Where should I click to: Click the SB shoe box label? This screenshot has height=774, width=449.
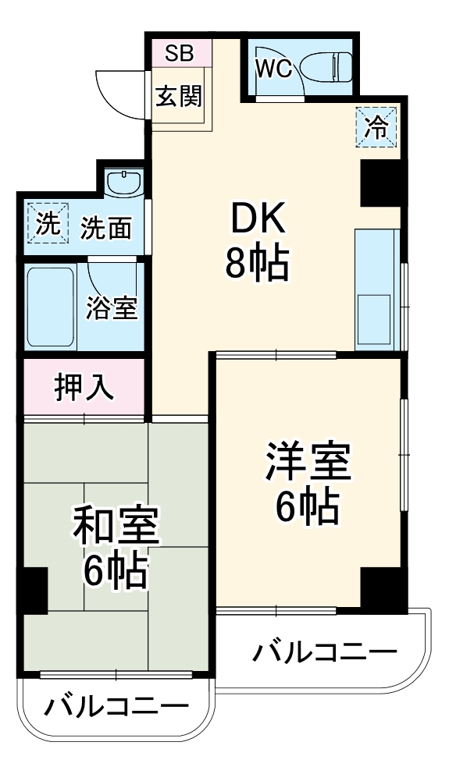[180, 54]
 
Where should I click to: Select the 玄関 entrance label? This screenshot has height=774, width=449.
[179, 97]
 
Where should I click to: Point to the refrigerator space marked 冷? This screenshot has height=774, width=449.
[377, 126]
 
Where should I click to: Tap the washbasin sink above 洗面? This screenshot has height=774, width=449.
[123, 184]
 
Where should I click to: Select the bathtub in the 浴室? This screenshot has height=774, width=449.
[50, 307]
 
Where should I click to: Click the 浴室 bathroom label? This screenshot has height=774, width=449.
[112, 308]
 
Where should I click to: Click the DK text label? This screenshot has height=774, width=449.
[257, 222]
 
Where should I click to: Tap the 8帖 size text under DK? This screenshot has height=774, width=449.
[257, 265]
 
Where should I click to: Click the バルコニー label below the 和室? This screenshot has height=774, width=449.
[116, 707]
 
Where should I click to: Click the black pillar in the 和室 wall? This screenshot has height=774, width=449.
[34, 591]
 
